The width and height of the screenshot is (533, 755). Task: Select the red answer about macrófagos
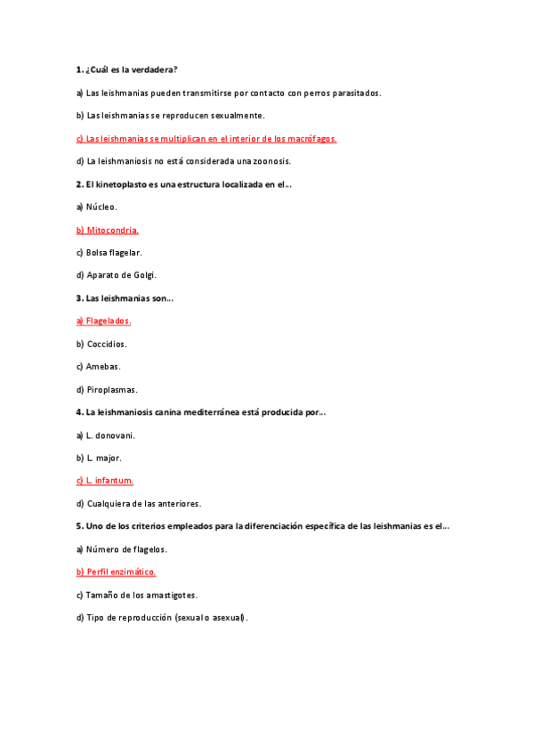pos(206,139)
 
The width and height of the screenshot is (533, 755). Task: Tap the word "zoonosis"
pos(271,161)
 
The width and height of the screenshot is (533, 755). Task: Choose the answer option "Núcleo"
pos(101,207)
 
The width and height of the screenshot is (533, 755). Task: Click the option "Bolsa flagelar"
pos(114,253)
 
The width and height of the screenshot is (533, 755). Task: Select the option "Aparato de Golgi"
pos(121,275)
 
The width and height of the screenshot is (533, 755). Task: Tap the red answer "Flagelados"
pos(109,321)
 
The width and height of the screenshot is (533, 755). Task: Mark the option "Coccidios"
pos(107,344)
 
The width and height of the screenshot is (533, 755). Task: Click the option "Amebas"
pos(103,366)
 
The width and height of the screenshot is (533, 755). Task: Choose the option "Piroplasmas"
pos(112,389)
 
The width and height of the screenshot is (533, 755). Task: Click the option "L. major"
pos(104,458)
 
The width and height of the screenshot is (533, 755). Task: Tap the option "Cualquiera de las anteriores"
pos(143,503)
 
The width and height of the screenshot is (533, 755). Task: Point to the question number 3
pos(79,298)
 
